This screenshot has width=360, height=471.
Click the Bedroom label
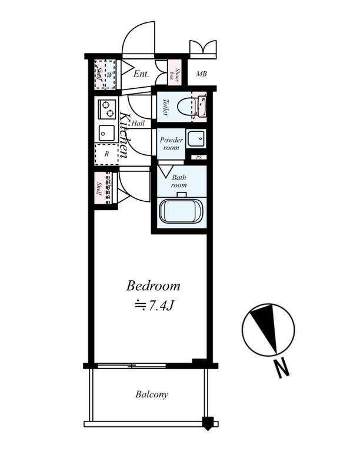(153, 286)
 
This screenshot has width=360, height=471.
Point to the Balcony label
(152, 394)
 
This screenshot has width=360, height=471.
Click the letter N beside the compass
(282, 369)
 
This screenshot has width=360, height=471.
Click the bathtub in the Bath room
(181, 211)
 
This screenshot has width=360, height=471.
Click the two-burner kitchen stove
(106, 109)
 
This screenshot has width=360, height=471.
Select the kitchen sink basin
(106, 133)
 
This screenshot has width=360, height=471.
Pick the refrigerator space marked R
(106, 154)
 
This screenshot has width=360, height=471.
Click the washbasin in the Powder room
(196, 138)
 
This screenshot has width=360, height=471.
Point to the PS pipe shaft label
(199, 157)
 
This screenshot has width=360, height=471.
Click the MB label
(201, 74)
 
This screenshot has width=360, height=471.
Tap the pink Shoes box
(174, 73)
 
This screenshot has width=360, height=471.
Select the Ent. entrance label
(141, 74)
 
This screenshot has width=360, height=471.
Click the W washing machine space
(110, 75)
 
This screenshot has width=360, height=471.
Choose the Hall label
(138, 123)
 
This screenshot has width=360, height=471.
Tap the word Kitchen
(124, 135)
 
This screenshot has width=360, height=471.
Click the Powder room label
(171, 144)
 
